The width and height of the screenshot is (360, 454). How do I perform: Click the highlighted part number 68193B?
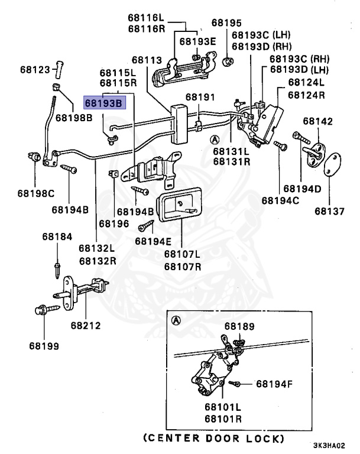pyautogui.click(x=103, y=102)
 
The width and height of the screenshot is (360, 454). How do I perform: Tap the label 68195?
pyautogui.click(x=227, y=23)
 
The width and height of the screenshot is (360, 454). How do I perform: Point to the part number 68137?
pyautogui.click(x=329, y=210)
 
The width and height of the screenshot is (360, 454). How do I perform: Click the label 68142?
pyautogui.click(x=318, y=121)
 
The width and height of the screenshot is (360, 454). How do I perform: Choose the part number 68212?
pyautogui.click(x=86, y=325)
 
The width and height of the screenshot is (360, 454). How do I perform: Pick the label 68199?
pyautogui.click(x=44, y=346)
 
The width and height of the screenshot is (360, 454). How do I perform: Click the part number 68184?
pyautogui.click(x=57, y=236)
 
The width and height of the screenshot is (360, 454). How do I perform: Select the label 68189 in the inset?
pyautogui.click(x=239, y=326)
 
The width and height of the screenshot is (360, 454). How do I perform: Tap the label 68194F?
pyautogui.click(x=274, y=384)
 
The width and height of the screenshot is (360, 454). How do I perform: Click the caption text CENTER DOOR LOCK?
pyautogui.click(x=213, y=439)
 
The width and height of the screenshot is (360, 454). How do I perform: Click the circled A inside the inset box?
pyautogui.click(x=175, y=321)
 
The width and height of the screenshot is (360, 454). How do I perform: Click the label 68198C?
pyautogui.click(x=35, y=193)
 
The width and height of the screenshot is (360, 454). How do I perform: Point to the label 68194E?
pyautogui.click(x=153, y=241)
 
